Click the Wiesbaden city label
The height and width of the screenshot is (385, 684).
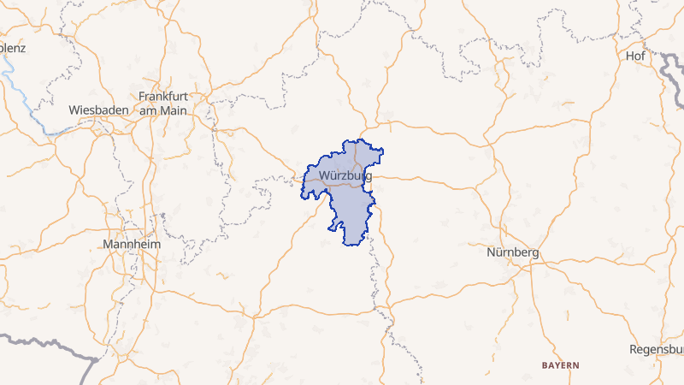(98, 110)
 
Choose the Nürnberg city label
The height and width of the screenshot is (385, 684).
(512, 253)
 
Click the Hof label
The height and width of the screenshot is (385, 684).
(635, 56)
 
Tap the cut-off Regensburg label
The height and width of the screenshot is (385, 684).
(656, 350)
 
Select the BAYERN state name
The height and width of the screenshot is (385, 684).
(560, 365)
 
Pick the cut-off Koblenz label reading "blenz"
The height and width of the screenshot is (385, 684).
(13, 48)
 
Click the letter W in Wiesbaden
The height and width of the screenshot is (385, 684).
(74, 110)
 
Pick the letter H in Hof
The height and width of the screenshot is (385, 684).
(628, 56)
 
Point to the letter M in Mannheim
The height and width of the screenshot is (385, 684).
(107, 244)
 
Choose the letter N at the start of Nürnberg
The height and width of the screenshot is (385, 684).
(491, 253)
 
